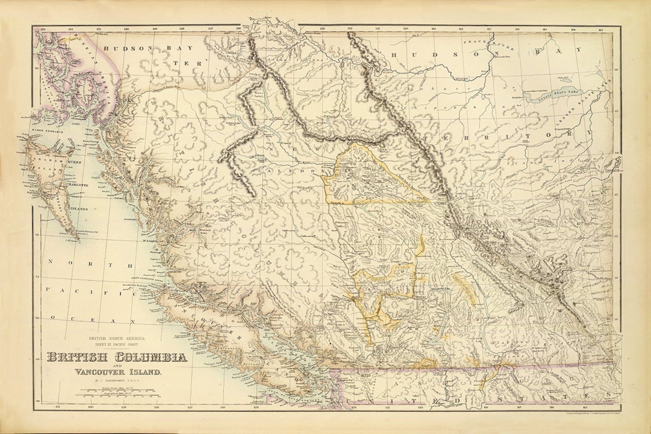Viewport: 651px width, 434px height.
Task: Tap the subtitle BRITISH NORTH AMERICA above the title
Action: point(117,339)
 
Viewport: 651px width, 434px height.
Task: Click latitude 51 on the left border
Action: point(38,277)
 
